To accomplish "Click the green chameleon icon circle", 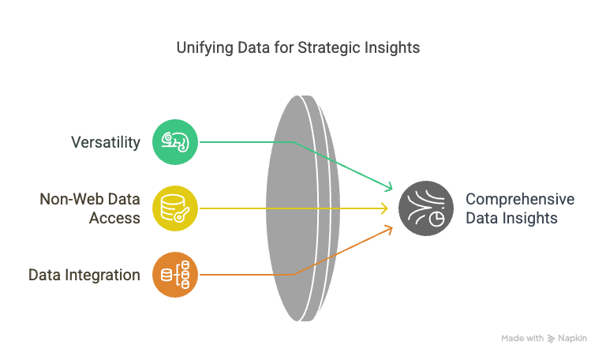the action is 175,142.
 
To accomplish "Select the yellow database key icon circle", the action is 175,208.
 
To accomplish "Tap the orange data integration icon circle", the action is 175,275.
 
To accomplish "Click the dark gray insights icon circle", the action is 426,208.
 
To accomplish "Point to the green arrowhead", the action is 389,186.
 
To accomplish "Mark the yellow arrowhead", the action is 385,208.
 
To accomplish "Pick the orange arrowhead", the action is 389,231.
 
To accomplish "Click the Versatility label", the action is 106,142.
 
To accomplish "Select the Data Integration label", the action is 84,275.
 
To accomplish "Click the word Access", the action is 114,218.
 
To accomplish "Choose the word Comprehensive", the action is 520,200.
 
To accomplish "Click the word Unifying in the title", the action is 204,48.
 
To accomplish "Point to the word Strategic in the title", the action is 328,48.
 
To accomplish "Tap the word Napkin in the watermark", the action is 572,339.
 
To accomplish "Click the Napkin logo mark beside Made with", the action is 551,339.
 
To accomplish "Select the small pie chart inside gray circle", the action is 436,219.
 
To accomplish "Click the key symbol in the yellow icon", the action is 181,215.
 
